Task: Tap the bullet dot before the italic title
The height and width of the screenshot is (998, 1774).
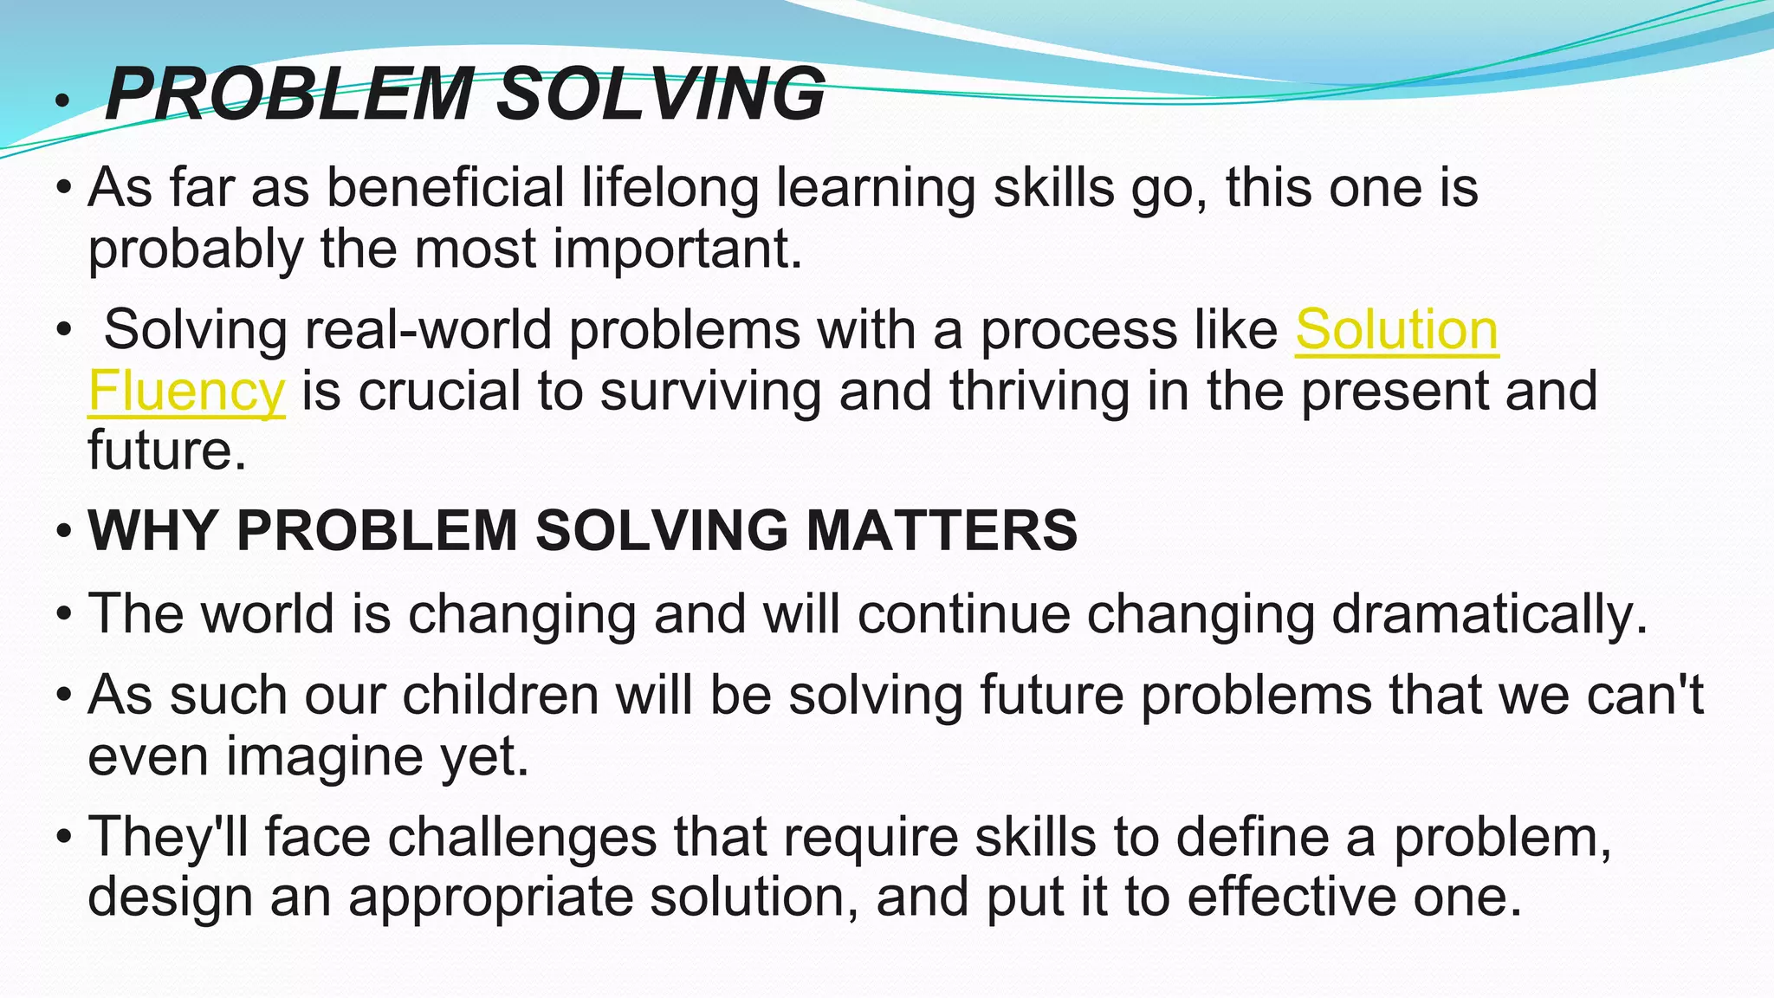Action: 60,103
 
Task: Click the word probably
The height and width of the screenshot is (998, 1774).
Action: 195,250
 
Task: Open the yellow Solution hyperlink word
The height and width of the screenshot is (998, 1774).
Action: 1396,330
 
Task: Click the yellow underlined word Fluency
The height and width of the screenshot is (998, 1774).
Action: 186,392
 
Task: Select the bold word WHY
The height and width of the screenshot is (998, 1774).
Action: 152,530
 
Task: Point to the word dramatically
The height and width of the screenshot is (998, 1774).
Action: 1489,614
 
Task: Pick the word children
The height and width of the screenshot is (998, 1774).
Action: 501,695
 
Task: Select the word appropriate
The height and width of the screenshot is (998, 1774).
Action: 490,898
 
